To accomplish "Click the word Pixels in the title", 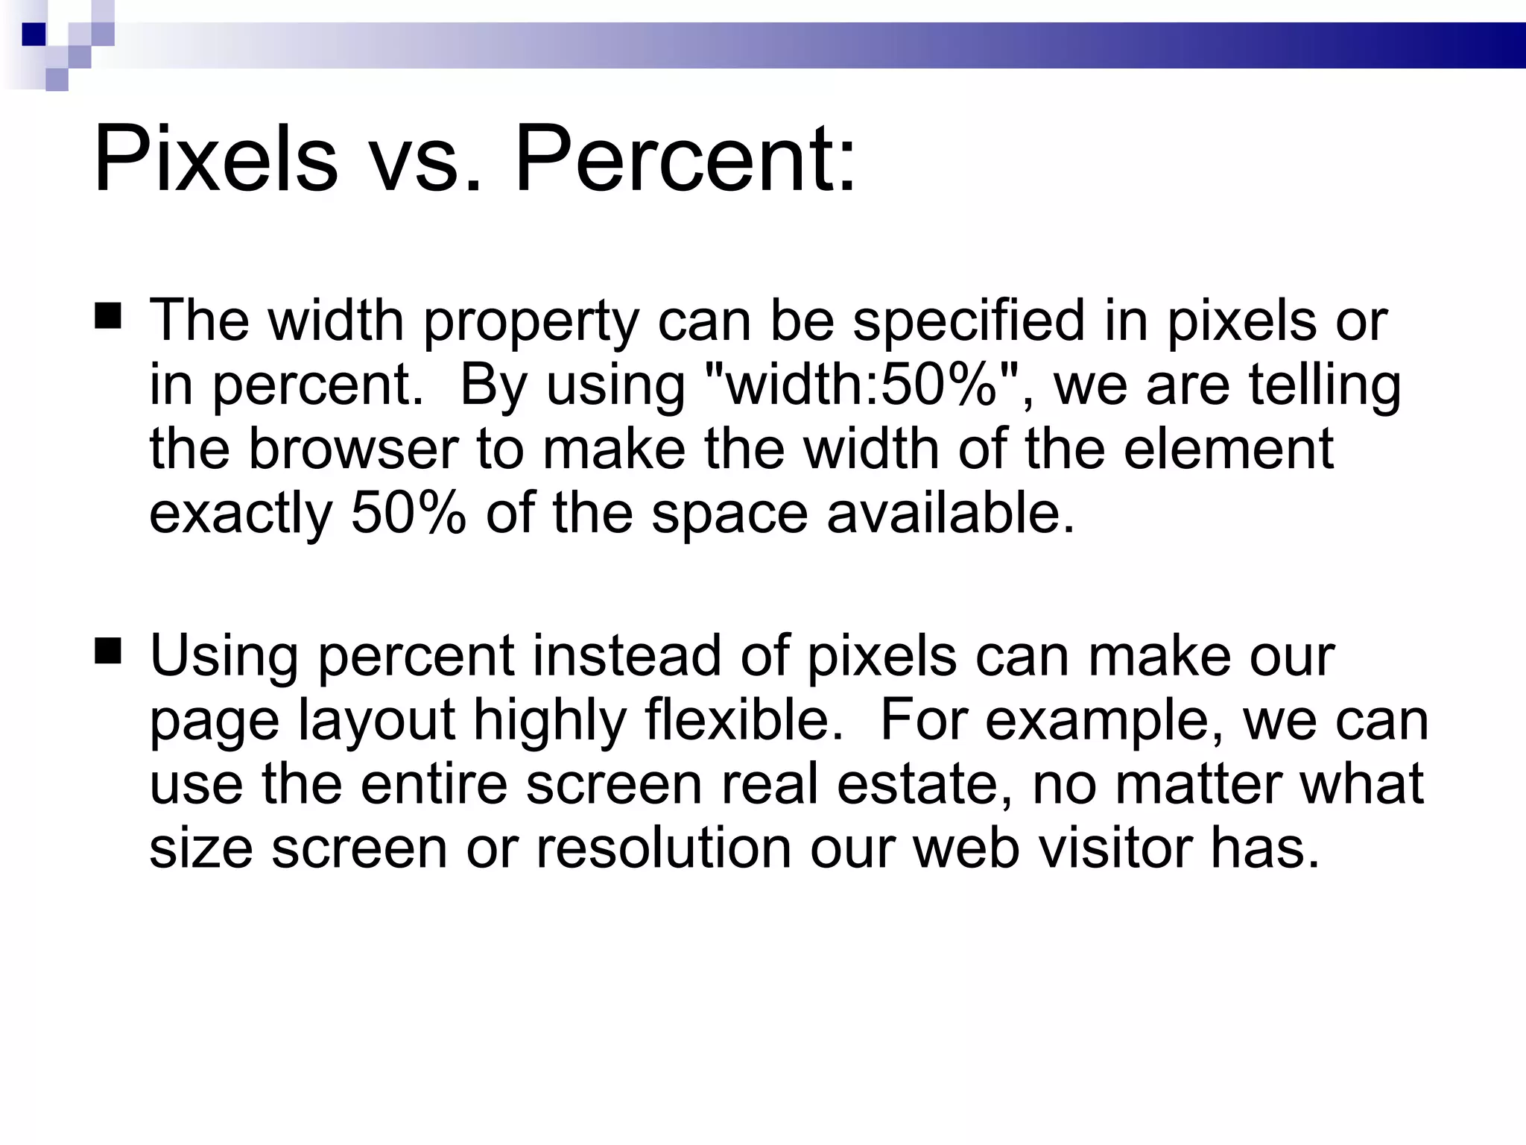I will pyautogui.click(x=215, y=160).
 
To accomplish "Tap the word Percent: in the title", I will pyautogui.click(x=686, y=160).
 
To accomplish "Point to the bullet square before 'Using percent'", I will pyautogui.click(x=109, y=650).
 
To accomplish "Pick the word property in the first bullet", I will pyautogui.click(x=531, y=322).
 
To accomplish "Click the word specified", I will pyautogui.click(x=969, y=321).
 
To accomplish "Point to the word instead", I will pyautogui.click(x=627, y=656).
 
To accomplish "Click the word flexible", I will pyautogui.click(x=744, y=720).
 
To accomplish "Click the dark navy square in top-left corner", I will pyautogui.click(x=34, y=34).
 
